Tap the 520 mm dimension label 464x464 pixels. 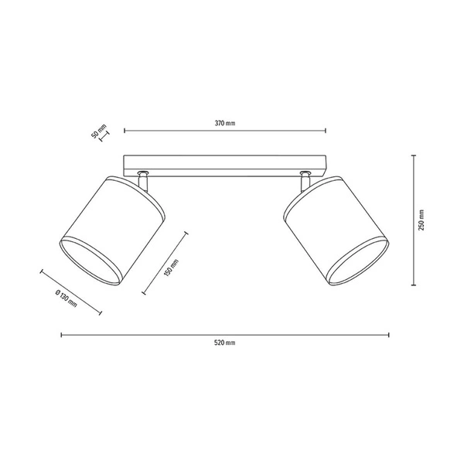226,342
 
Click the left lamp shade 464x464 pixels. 112,228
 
